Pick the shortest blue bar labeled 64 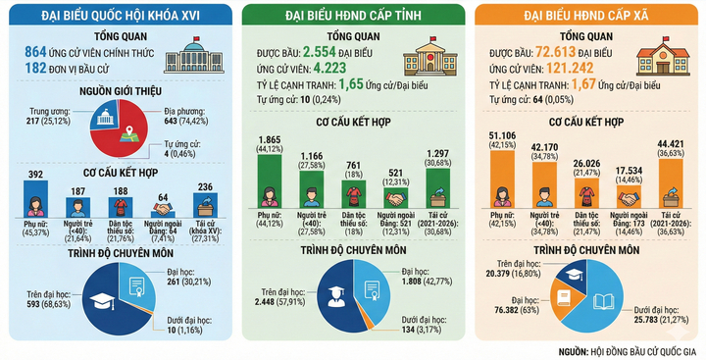[x=163, y=210]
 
